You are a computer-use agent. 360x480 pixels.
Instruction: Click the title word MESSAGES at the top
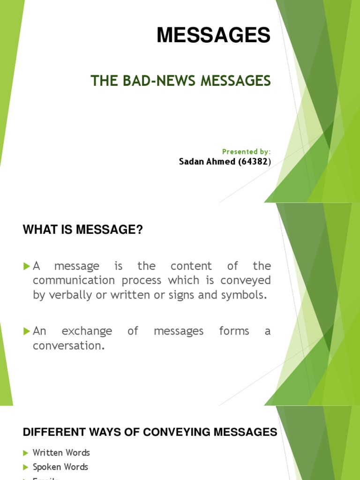point(213,36)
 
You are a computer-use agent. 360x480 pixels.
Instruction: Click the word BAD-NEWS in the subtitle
point(154,81)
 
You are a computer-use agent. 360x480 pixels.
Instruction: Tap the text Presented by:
point(246,151)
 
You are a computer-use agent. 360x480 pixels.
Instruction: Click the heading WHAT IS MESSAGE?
point(82,230)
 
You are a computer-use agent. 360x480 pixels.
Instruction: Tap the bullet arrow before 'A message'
point(26,266)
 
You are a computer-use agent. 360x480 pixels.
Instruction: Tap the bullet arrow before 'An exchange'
point(26,331)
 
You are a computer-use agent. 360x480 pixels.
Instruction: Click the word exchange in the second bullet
point(87,331)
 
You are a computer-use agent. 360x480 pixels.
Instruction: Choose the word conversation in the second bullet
point(67,346)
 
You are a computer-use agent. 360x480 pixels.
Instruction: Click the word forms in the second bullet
point(234,331)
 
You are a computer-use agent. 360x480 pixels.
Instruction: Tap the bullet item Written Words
point(61,453)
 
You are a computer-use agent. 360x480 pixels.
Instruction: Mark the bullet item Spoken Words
point(60,467)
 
